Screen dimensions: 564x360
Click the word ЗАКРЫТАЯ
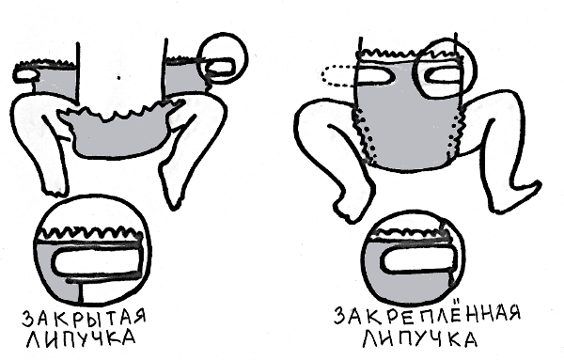[85, 319]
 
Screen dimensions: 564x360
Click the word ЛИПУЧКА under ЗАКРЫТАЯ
[81, 338]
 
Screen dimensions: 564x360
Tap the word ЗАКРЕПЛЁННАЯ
[428, 315]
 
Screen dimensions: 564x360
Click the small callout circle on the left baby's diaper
[224, 58]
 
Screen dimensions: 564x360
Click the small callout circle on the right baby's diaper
[446, 69]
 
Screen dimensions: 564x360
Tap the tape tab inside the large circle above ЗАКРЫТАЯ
[95, 262]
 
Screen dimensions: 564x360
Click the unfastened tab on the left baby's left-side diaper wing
[26, 74]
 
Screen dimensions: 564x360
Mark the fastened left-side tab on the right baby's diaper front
[375, 75]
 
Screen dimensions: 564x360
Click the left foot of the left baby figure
[55, 187]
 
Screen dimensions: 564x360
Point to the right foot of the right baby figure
[518, 197]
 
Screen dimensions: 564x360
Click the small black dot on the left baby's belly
[118, 77]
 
